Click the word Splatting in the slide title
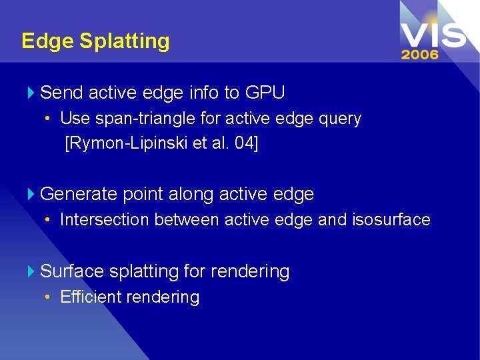[x=124, y=41]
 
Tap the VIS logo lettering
[x=433, y=33]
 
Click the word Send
[x=61, y=92]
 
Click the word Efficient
[x=89, y=297]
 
